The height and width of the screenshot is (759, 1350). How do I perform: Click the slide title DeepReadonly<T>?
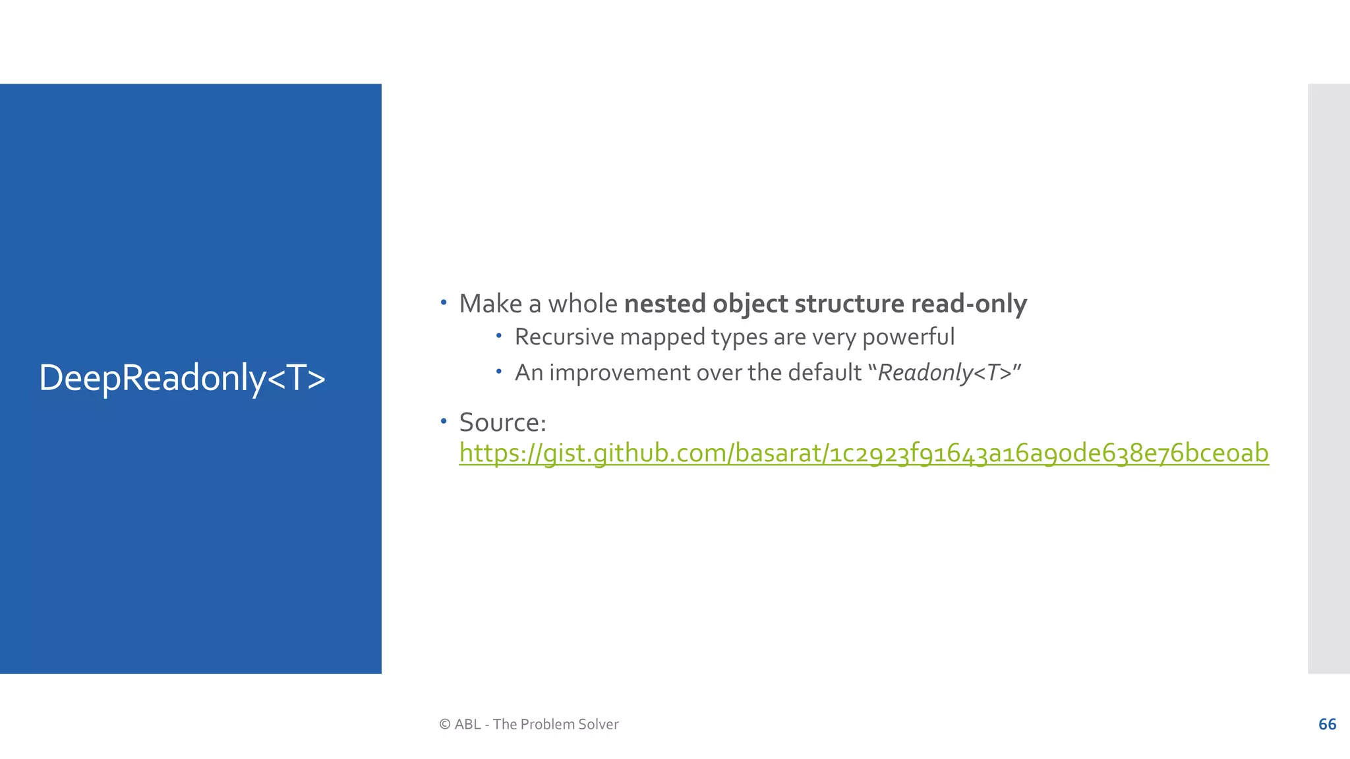182,378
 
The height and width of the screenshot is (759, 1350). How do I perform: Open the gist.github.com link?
864,453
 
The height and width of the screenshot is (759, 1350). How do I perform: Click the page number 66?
1327,724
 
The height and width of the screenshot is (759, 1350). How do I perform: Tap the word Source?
502,422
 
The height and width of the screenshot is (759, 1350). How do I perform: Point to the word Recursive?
564,337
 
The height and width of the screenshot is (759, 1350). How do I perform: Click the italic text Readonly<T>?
945,373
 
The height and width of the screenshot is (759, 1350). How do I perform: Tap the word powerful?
908,337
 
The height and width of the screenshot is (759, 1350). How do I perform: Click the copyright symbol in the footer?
445,724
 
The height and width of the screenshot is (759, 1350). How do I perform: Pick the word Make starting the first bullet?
490,304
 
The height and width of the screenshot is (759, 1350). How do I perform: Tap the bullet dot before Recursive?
499,336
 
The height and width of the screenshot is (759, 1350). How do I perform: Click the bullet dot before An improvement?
499,372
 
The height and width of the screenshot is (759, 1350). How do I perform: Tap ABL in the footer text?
467,724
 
